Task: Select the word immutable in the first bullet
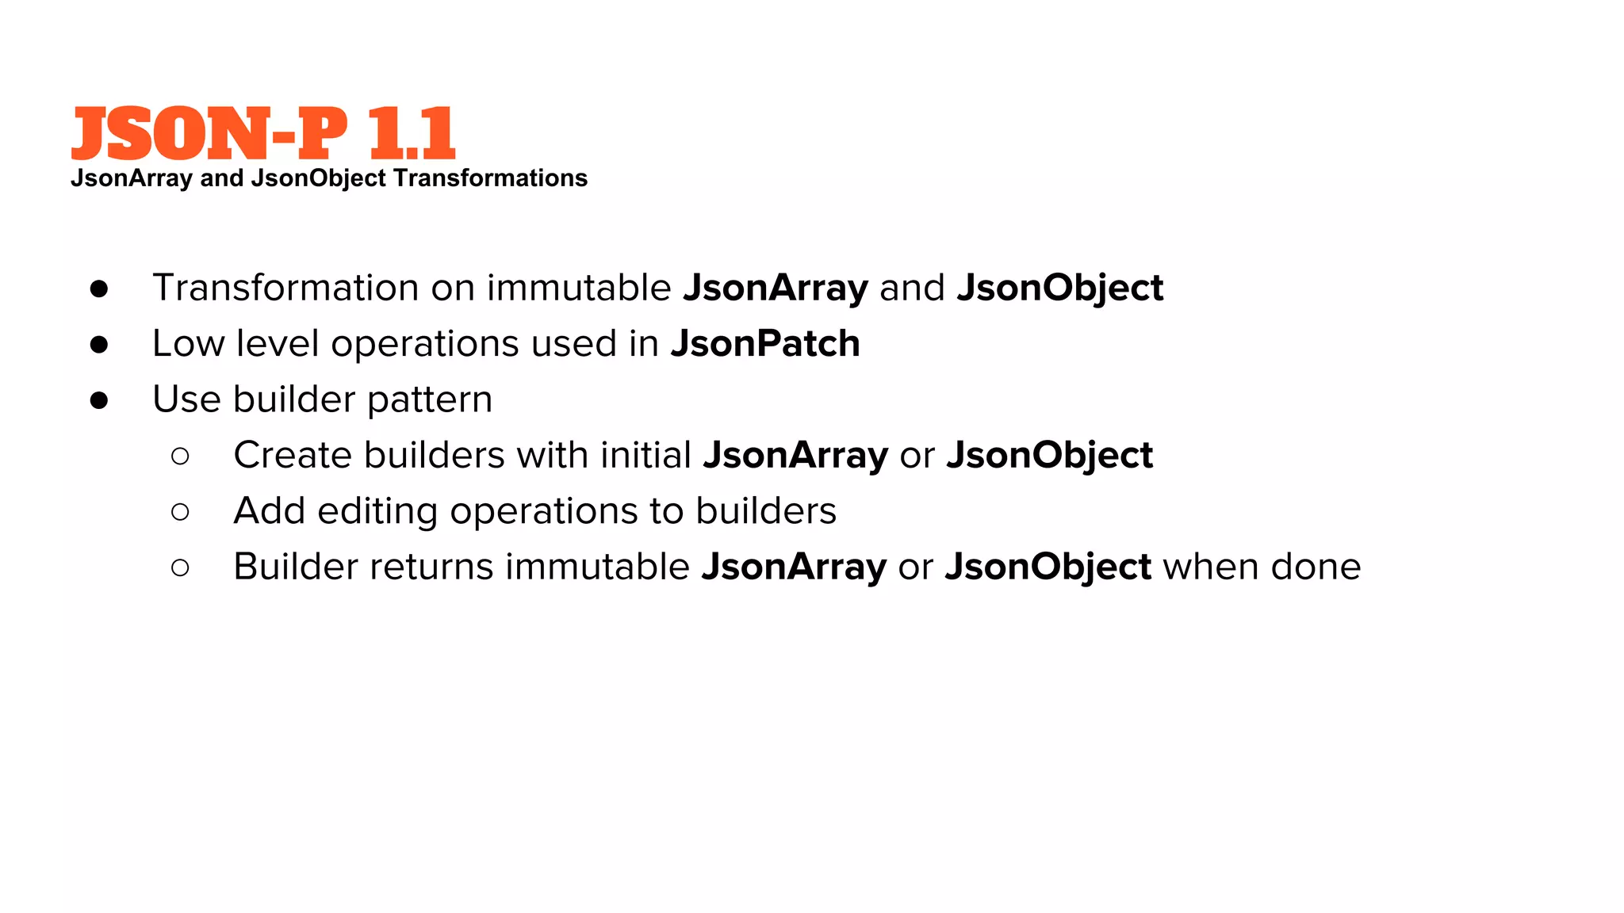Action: [579, 288]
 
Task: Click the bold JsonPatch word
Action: [765, 344]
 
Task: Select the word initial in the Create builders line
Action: [645, 456]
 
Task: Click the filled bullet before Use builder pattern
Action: [99, 400]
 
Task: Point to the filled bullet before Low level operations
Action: [99, 344]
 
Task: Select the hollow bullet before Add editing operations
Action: [180, 512]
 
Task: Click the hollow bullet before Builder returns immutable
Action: [180, 567]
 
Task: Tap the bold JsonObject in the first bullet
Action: [1059, 288]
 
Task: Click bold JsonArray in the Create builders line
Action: [795, 456]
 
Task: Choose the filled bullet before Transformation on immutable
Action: [99, 288]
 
